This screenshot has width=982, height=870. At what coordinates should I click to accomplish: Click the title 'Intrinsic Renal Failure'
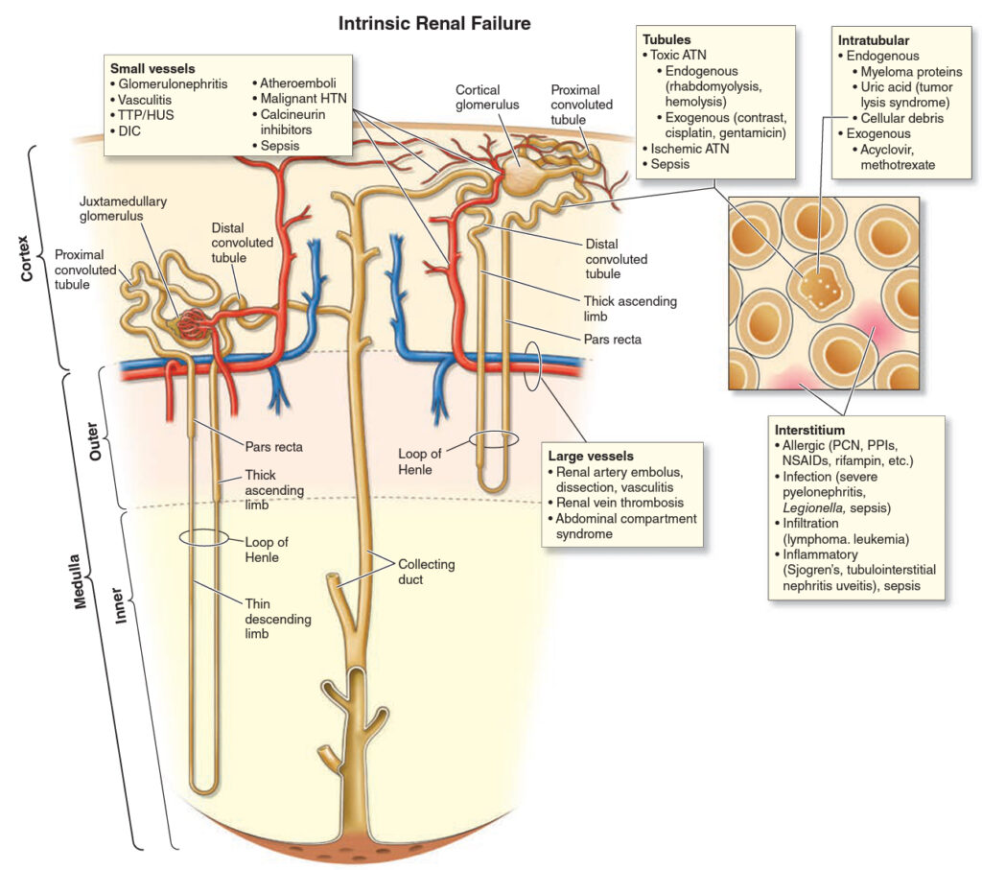coord(434,24)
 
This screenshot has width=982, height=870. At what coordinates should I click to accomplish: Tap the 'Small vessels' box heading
coord(152,68)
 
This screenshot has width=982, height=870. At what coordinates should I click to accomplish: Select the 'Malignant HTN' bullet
coord(299,99)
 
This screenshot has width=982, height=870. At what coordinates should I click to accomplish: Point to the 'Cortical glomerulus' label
coord(487,97)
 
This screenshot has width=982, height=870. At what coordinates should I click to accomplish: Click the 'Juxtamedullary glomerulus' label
coord(123,208)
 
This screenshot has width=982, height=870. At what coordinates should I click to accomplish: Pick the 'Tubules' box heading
coord(666,39)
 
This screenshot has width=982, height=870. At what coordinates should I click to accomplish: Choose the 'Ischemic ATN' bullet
coord(685,149)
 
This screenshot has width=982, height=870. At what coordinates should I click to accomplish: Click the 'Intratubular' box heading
coord(873,40)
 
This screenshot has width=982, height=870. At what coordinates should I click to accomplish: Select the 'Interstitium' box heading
coord(809,430)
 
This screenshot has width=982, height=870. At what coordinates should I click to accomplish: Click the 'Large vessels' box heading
coord(591,456)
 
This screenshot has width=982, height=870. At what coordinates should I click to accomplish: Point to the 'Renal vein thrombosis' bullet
coord(616,503)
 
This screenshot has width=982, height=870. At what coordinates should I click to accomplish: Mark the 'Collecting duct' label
coord(427,572)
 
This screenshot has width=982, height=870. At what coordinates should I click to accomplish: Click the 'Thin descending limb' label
coord(278,618)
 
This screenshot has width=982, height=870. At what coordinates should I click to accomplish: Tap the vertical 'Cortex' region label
coord(26,258)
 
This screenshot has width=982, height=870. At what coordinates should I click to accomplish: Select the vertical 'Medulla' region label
coord(79,581)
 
